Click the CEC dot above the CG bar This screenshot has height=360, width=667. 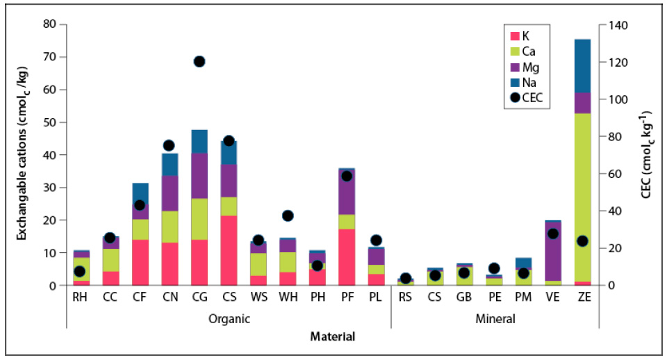tap(199, 62)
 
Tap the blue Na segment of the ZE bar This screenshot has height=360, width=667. tap(582, 66)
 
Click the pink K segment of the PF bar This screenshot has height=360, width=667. tap(347, 256)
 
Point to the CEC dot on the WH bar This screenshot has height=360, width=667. tap(288, 215)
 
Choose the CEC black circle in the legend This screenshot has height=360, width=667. tap(515, 98)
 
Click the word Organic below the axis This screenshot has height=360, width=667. tap(229, 320)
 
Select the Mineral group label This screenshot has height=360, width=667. tap(495, 320)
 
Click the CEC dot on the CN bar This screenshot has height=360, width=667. tap(169, 145)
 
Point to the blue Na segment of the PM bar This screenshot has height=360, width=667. tap(523, 263)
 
